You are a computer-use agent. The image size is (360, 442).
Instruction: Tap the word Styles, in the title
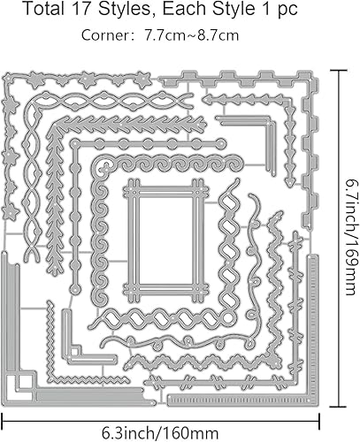(x=126, y=10)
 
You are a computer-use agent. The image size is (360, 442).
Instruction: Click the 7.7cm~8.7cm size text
(x=191, y=35)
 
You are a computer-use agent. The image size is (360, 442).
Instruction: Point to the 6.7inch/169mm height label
(x=352, y=237)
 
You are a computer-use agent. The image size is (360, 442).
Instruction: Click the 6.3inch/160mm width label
(x=160, y=433)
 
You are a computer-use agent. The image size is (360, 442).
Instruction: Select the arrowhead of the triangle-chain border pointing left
(x=207, y=100)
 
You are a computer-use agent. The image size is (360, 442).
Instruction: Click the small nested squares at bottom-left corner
(x=19, y=387)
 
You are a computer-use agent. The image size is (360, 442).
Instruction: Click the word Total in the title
(x=43, y=9)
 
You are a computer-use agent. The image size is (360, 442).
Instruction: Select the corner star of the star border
(x=7, y=79)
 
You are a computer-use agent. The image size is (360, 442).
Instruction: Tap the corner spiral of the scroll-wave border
(x=103, y=169)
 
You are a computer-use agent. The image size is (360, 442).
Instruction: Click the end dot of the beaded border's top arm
(x=221, y=143)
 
